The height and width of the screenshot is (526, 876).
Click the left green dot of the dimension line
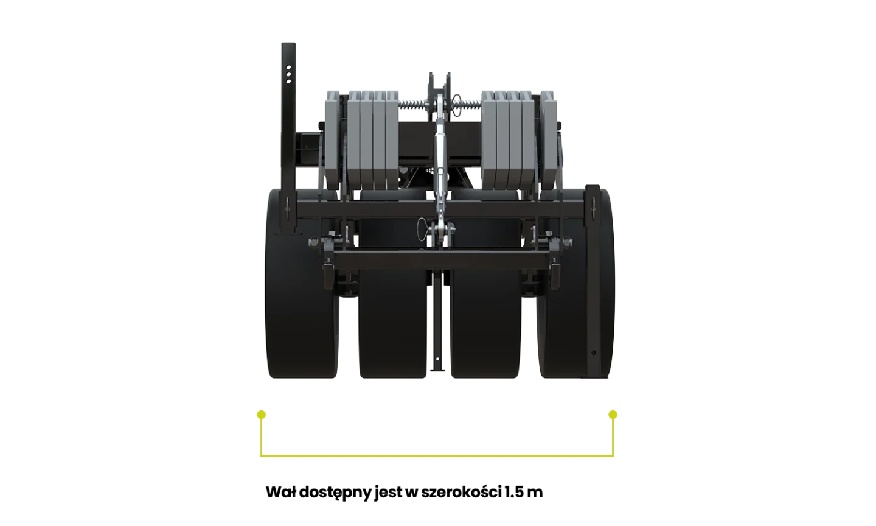coord(262,415)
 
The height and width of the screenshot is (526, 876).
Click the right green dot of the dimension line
coord(613,415)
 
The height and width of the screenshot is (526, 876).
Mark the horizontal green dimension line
coord(437,456)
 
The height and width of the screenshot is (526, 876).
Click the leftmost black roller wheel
coord(302,283)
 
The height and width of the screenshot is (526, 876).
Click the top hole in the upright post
coord(288,68)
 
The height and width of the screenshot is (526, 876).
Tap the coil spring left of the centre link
coord(414,105)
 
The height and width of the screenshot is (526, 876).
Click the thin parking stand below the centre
coord(438,321)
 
